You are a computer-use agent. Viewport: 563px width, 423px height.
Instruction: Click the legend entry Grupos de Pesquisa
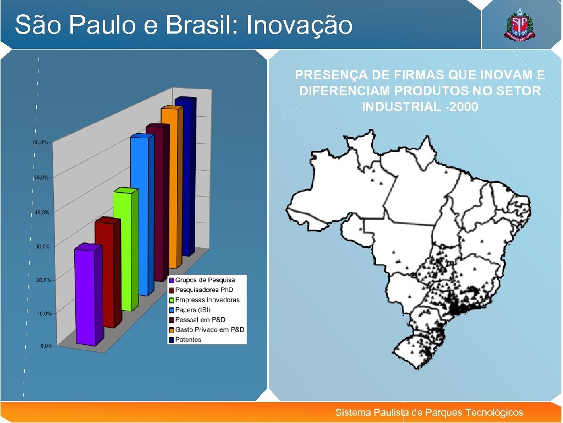coord(205,280)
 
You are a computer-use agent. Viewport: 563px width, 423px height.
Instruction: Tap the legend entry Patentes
coord(188,340)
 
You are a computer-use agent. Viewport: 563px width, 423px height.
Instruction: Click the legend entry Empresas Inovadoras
coord(207,300)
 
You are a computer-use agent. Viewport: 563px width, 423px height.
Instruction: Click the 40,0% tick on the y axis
coord(42,212)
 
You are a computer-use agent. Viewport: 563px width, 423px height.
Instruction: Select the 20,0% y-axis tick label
coord(43,280)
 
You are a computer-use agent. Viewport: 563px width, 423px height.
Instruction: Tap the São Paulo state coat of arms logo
coord(518,25)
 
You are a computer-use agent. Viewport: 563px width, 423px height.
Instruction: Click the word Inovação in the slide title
coord(300,25)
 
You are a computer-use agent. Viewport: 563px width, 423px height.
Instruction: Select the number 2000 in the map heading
coord(463,107)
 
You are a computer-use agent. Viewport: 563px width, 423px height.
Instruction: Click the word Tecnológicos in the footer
coord(494,413)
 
